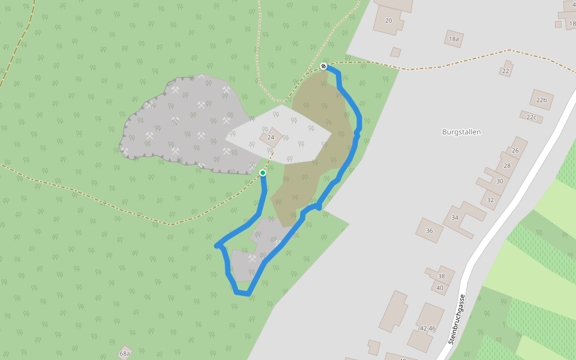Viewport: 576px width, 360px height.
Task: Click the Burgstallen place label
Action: [461, 132]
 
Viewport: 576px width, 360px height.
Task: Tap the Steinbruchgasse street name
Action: [457, 319]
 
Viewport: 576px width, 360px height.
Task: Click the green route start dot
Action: [263, 173]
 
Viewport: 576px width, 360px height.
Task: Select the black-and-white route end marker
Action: [323, 66]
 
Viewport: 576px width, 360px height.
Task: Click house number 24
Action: [271, 137]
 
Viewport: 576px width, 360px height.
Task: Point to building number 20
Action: [388, 20]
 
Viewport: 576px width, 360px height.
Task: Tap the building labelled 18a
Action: [454, 39]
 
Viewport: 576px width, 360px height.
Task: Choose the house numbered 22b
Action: [542, 100]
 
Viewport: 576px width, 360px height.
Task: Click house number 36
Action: [429, 231]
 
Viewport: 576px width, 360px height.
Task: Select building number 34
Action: [455, 218]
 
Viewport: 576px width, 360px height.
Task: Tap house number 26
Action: [515, 150]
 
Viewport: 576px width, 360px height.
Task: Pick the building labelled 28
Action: [507, 166]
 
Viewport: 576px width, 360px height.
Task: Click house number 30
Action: [499, 181]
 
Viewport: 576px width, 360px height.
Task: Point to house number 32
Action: [490, 200]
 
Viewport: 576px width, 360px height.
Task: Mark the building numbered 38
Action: [442, 276]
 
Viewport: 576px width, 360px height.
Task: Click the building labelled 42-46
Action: [428, 328]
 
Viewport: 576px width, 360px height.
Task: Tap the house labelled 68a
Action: [125, 353]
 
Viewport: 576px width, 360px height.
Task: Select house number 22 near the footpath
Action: [506, 71]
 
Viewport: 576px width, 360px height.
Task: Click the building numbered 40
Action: [440, 288]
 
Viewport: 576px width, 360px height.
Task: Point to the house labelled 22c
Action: [531, 117]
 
